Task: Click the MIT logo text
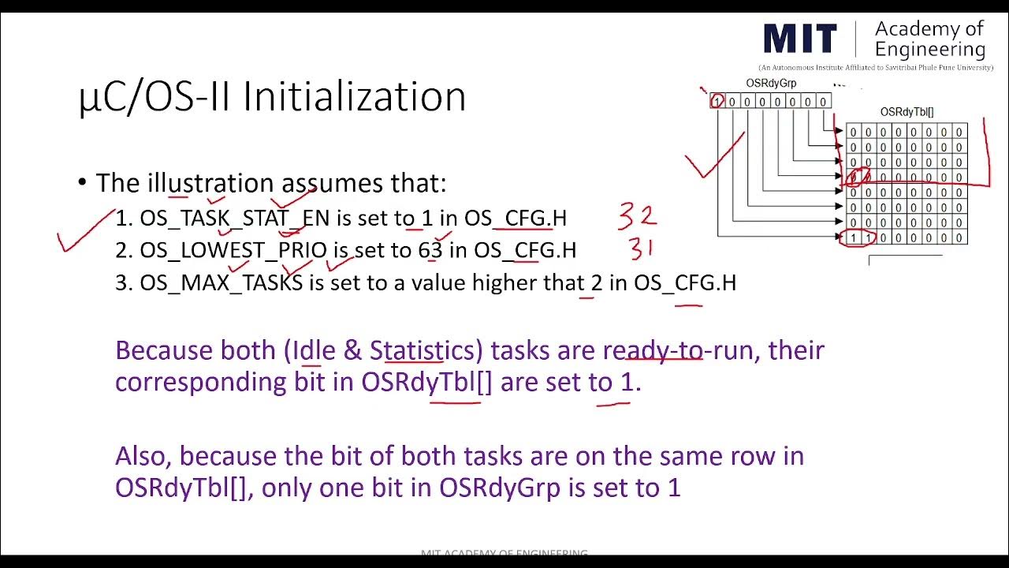[x=800, y=40]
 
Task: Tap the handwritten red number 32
[x=637, y=215]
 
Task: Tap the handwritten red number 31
[x=641, y=249]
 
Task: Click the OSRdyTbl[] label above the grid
[x=907, y=113]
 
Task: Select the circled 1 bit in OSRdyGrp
[x=717, y=101]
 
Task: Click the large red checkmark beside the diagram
[x=713, y=158]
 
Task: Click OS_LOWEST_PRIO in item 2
[x=233, y=251]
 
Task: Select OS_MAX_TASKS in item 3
[x=222, y=282]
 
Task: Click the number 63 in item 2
[x=430, y=251]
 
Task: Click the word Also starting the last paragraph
[x=145, y=456]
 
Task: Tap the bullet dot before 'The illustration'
[x=82, y=183]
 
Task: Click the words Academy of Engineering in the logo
[x=930, y=39]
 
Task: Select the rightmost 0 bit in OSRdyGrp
[x=823, y=102]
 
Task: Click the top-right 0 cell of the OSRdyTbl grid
[x=959, y=132]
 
